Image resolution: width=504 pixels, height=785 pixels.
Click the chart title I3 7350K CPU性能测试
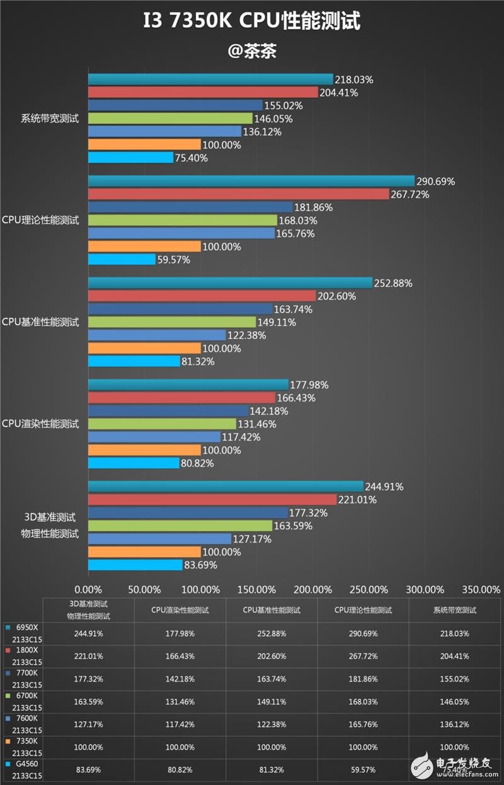251,23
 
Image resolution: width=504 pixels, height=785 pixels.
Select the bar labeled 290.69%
251,181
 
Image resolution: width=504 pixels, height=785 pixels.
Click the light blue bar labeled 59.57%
122,260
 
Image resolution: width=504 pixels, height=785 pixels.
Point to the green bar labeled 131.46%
162,424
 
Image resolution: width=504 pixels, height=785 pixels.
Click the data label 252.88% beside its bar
392,284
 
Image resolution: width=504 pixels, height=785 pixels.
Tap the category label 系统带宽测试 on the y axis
50,118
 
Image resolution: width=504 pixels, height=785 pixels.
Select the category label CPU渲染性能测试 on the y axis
41,424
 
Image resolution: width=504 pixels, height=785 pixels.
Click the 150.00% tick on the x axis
256,590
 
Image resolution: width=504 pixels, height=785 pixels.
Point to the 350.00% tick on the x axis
481,590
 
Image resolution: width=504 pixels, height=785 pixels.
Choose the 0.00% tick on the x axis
88,590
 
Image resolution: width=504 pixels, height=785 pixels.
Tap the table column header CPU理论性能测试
363,610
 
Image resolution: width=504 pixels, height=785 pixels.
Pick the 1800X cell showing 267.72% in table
363,656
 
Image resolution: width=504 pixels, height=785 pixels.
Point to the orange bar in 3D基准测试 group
144,552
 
